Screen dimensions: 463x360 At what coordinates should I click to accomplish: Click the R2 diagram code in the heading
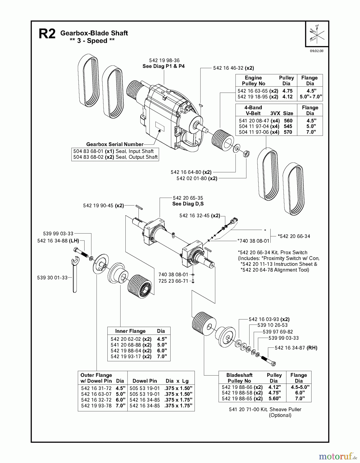click(47, 34)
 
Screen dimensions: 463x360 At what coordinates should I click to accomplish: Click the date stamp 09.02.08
click(317, 51)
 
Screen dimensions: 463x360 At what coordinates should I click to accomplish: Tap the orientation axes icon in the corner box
click(317, 33)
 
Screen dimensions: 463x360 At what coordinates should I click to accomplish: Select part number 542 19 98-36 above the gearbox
click(164, 60)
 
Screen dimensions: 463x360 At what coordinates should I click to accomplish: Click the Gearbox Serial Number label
click(115, 144)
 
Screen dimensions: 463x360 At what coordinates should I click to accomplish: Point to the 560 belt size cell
click(288, 121)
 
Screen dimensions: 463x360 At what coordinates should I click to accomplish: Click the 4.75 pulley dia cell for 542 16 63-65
click(287, 91)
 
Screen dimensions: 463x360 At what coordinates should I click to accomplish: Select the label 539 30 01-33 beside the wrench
click(52, 278)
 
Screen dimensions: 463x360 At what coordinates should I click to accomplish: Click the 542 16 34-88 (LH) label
click(58, 241)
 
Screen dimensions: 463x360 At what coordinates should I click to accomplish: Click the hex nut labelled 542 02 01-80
click(246, 154)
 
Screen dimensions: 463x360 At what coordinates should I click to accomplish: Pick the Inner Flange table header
click(130, 331)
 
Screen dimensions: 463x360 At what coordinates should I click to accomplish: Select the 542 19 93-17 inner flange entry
click(131, 357)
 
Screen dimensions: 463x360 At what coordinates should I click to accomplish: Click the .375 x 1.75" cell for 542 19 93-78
click(178, 406)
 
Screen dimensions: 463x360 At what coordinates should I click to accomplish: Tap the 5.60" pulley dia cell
click(274, 398)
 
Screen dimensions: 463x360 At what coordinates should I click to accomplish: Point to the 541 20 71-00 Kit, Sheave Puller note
click(265, 409)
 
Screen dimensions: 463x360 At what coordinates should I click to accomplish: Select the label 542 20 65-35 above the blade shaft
click(188, 198)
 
